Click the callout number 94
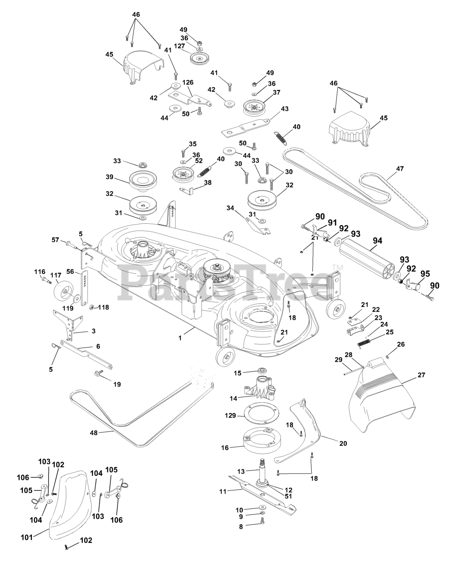tap(377, 241)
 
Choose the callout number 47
tap(400, 168)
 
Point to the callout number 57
tap(55, 239)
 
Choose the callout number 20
tap(343, 443)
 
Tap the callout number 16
tap(225, 447)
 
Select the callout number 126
tap(188, 82)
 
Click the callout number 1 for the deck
tap(180, 338)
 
